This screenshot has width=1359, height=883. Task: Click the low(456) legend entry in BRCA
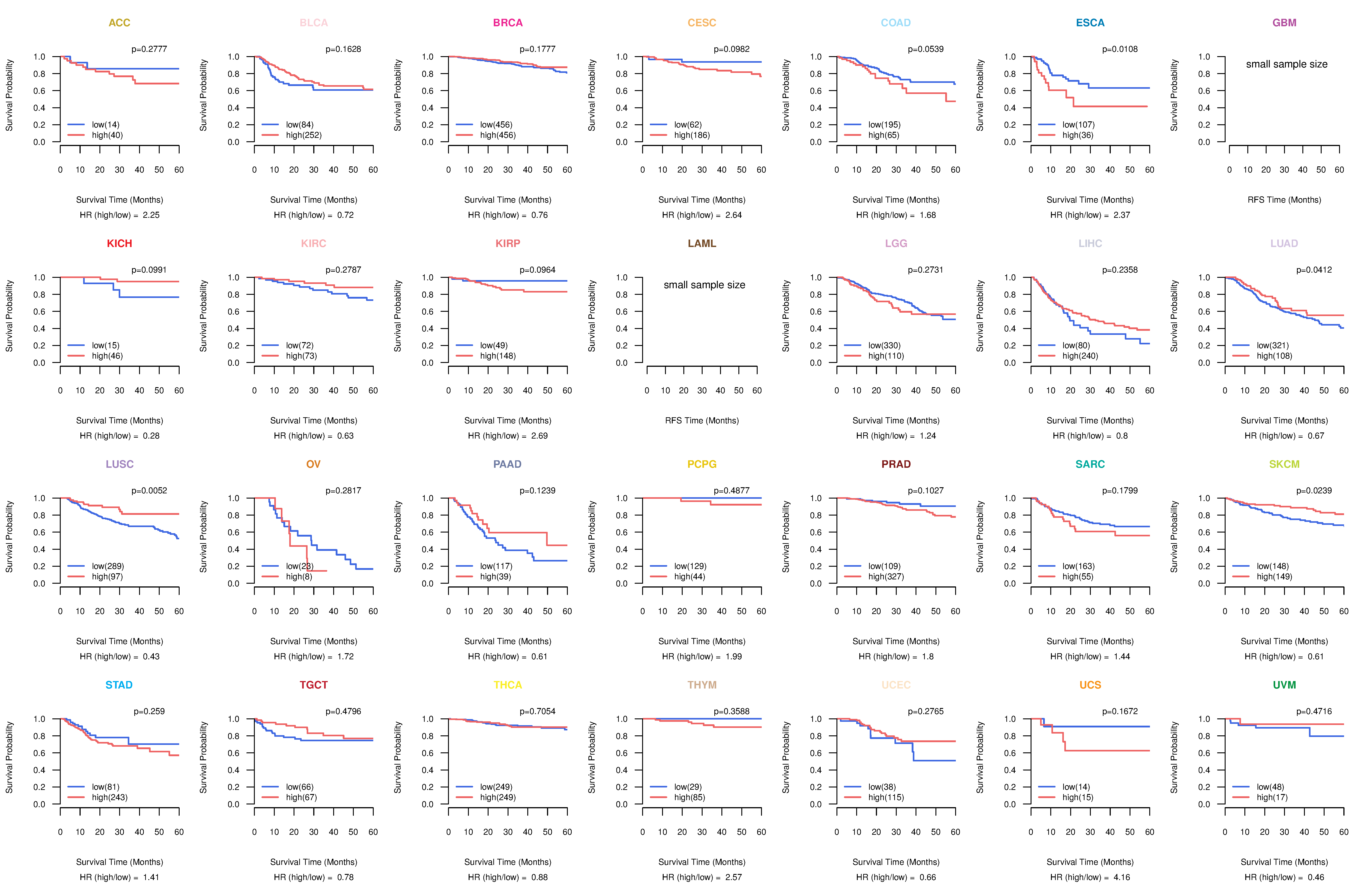click(x=496, y=125)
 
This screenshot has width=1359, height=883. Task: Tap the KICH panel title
click(x=119, y=244)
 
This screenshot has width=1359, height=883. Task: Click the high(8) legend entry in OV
click(x=299, y=576)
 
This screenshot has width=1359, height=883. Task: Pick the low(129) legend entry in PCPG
click(x=690, y=566)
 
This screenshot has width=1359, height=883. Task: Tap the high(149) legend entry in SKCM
click(x=1274, y=576)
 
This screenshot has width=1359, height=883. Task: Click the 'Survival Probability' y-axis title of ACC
click(x=9, y=95)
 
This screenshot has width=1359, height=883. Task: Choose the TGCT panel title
click(x=313, y=685)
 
